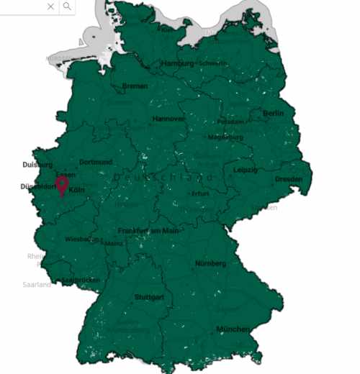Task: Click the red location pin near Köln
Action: pos(63,185)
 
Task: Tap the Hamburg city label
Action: pos(178,63)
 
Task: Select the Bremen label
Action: pos(135,86)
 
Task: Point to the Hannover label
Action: pos(168,119)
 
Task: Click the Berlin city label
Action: pos(273,114)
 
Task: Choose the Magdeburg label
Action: pos(225,137)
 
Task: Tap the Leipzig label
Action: pos(245,170)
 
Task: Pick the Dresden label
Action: pos(288,179)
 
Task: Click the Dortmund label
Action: pos(96,162)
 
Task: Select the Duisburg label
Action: pos(37,165)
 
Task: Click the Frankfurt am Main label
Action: pos(148,231)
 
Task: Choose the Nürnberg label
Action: pos(210,263)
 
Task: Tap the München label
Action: pos(232,329)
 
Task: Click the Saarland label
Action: pos(37,285)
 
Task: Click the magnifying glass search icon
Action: pos(67,6)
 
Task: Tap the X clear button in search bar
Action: pos(50,6)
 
